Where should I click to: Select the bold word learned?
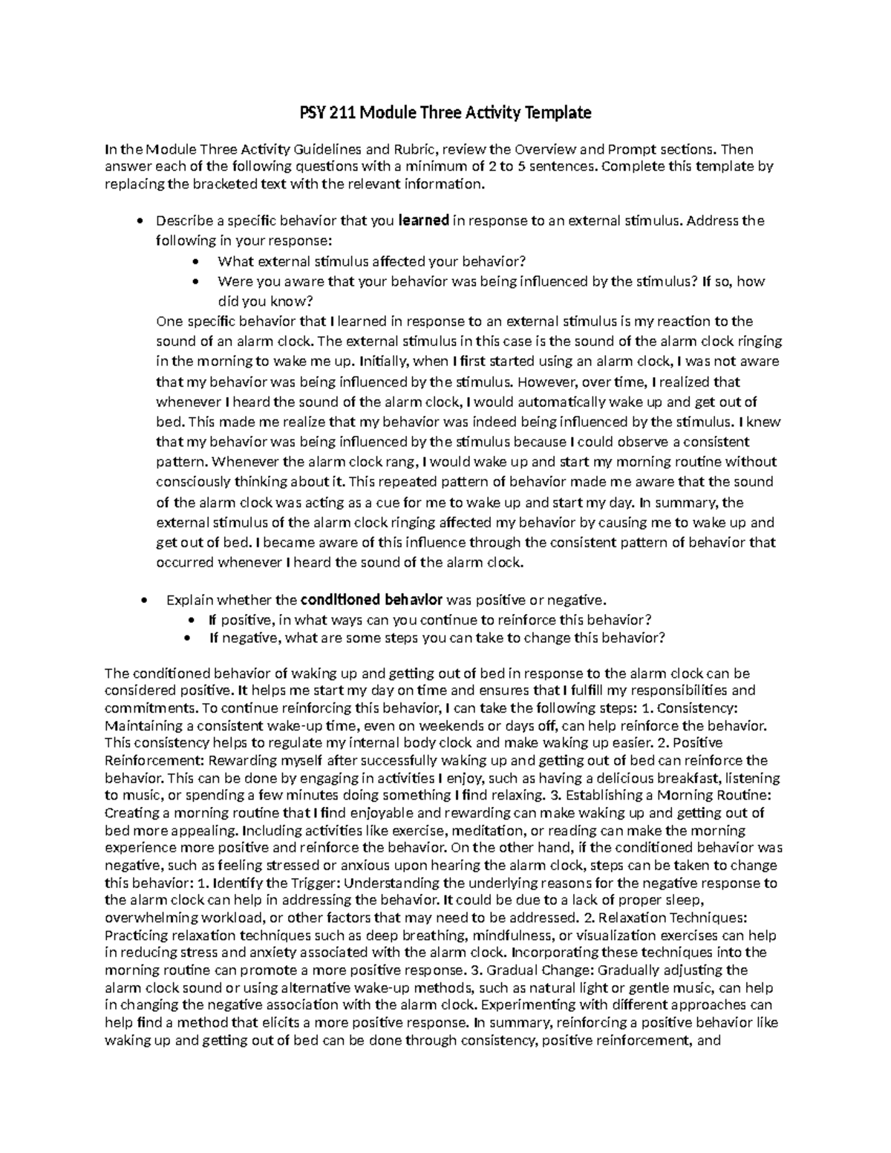424,221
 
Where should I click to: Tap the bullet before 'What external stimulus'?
195,261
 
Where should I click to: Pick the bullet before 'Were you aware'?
195,281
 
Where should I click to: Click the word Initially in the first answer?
383,362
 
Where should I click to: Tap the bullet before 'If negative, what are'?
195,638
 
